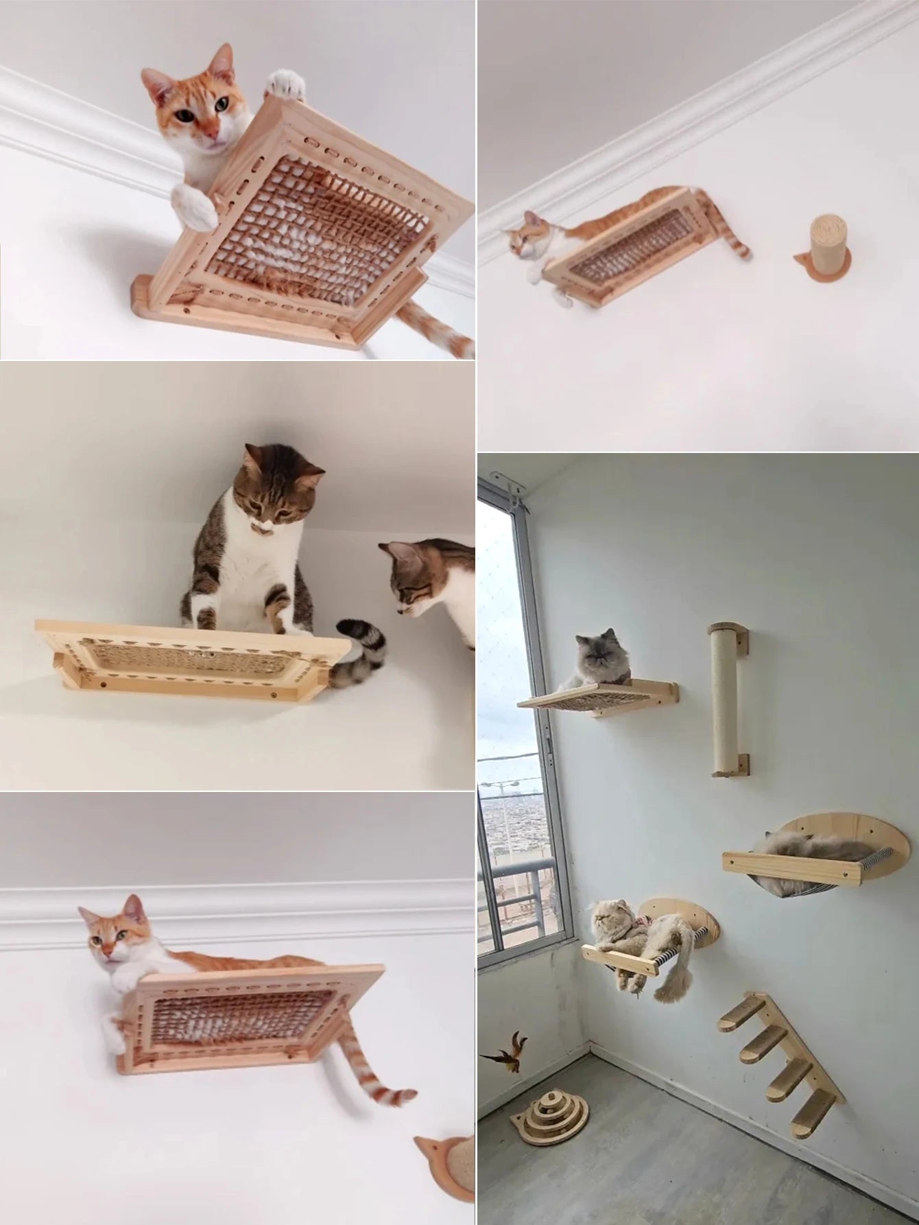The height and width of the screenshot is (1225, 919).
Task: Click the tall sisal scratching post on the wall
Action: pos(727,700)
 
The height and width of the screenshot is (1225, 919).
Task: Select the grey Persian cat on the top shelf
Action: pos(596,660)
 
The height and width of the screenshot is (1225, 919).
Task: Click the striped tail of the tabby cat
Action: pos(360,649)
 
